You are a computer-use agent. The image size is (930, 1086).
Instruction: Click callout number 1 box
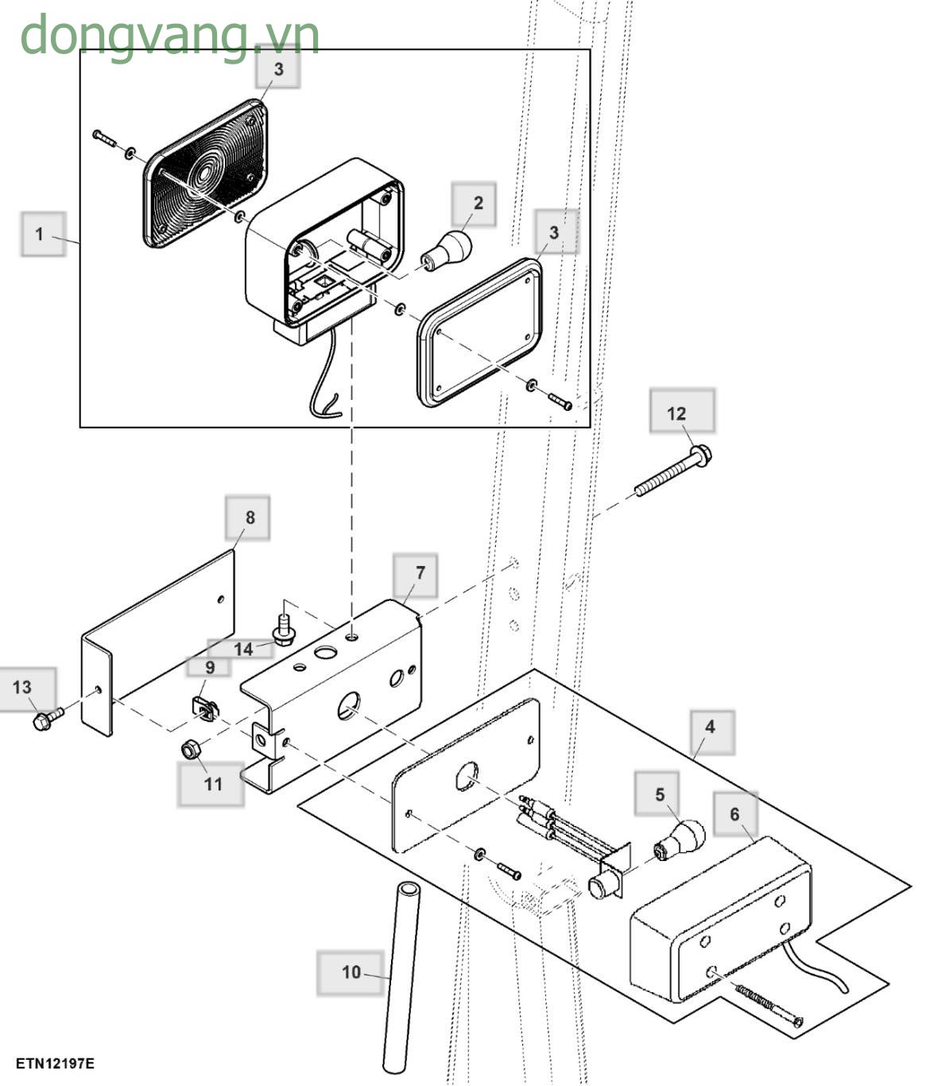click(x=43, y=234)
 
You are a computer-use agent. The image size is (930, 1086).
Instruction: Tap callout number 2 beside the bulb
click(x=474, y=204)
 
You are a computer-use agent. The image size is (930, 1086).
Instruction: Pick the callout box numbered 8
click(x=247, y=518)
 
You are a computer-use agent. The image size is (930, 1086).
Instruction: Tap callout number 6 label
click(x=735, y=814)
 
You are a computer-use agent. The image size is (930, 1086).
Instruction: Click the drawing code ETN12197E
click(x=55, y=1064)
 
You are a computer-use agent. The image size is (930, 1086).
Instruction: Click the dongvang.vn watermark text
click(x=170, y=36)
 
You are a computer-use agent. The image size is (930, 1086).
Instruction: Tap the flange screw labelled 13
click(x=48, y=718)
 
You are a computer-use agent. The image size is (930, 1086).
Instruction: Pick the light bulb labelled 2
click(x=447, y=250)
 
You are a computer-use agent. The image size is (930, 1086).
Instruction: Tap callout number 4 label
click(x=712, y=733)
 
